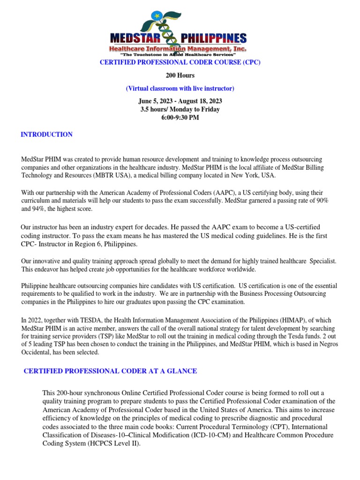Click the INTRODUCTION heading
46,135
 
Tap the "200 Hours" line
180,75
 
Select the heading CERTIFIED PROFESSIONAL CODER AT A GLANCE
110,371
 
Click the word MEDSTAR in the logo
135,38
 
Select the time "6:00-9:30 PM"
180,117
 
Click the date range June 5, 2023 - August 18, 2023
180,101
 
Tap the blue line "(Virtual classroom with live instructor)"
180,88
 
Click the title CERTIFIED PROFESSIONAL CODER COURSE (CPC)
180,62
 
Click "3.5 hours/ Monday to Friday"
180,109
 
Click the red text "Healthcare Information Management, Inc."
178,49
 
